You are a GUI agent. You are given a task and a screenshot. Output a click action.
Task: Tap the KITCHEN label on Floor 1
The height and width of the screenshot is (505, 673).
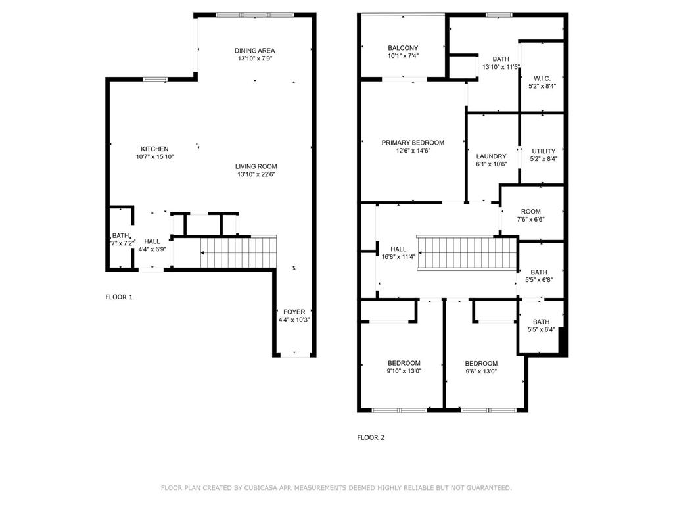pyautogui.click(x=154, y=149)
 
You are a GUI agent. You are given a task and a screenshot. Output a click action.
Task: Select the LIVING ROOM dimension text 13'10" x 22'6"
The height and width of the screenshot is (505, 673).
pyautogui.click(x=257, y=174)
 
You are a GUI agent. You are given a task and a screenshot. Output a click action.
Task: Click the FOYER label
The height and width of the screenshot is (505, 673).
pyautogui.click(x=294, y=312)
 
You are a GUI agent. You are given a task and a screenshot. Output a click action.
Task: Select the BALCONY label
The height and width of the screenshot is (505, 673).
pyautogui.click(x=403, y=48)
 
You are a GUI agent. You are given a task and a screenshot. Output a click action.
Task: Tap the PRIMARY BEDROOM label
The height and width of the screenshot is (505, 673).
pyautogui.click(x=413, y=143)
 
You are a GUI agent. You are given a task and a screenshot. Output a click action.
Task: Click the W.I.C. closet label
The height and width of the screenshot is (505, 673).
pyautogui.click(x=542, y=78)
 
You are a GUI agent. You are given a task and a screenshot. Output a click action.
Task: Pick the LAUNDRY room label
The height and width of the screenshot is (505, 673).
pyautogui.click(x=491, y=156)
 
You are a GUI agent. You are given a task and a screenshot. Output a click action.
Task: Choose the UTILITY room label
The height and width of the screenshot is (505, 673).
pyautogui.click(x=543, y=151)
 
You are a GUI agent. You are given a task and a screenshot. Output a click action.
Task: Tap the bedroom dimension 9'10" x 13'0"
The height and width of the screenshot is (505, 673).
pyautogui.click(x=404, y=371)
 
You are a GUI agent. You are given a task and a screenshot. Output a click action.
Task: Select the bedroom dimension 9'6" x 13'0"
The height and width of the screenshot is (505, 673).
pyautogui.click(x=481, y=371)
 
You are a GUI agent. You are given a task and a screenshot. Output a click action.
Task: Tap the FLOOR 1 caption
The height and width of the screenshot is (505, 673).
pyautogui.click(x=119, y=297)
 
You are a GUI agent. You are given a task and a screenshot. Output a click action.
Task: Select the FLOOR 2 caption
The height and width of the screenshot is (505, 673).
pyautogui.click(x=371, y=437)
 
